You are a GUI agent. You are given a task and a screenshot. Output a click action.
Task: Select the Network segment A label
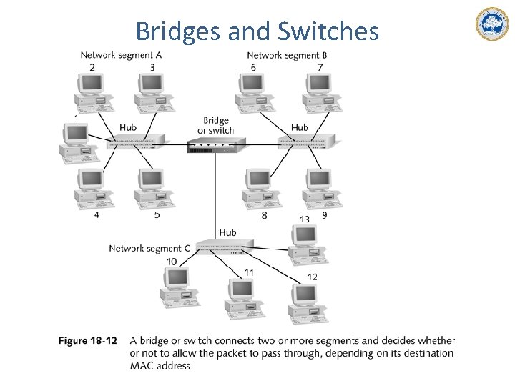tap(121, 55)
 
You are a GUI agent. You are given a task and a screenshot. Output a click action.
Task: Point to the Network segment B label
tap(287, 55)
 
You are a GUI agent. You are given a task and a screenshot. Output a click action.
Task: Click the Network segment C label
tap(149, 248)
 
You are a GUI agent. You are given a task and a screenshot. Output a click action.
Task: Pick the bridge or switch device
tap(212, 146)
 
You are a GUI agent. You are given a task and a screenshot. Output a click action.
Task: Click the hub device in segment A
tap(136, 142)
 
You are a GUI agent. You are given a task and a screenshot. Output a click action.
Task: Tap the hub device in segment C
tap(225, 247)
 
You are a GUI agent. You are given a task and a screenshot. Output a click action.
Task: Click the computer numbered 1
tap(75, 142)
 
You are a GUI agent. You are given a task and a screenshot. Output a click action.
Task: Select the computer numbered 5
tap(152, 189)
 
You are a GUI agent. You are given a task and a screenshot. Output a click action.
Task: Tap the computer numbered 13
tap(307, 244)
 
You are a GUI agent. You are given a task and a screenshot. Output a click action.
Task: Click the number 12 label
tap(312, 277)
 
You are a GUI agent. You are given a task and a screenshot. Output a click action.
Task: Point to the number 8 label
tap(264, 215)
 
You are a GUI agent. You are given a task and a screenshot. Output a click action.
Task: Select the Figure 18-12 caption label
tap(87, 340)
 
